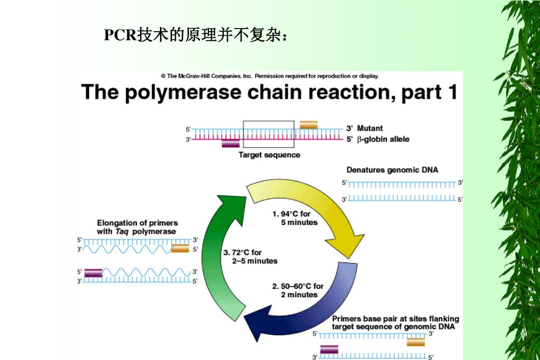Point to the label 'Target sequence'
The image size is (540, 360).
pyautogui.click(x=269, y=155)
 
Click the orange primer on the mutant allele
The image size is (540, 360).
pyautogui.click(x=309, y=125)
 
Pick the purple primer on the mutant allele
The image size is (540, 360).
pyautogui.click(x=231, y=143)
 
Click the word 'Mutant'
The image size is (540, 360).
pyautogui.click(x=370, y=128)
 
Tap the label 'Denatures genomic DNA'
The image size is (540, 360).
pyautogui.click(x=392, y=170)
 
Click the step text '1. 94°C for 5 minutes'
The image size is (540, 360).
pyautogui.click(x=295, y=219)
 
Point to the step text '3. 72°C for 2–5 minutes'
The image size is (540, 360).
pyautogui.click(x=250, y=257)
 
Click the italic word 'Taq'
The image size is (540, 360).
pyautogui.click(x=122, y=231)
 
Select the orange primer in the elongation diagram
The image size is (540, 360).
pyautogui.click(x=180, y=249)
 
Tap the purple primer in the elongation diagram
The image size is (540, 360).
pyautogui.click(x=93, y=272)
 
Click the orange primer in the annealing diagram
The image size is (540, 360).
pyautogui.click(x=416, y=342)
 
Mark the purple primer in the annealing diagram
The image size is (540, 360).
pyautogui.click(x=329, y=349)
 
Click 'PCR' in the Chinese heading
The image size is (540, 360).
pyautogui.click(x=120, y=35)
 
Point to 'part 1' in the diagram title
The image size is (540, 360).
pyautogui.click(x=429, y=92)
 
